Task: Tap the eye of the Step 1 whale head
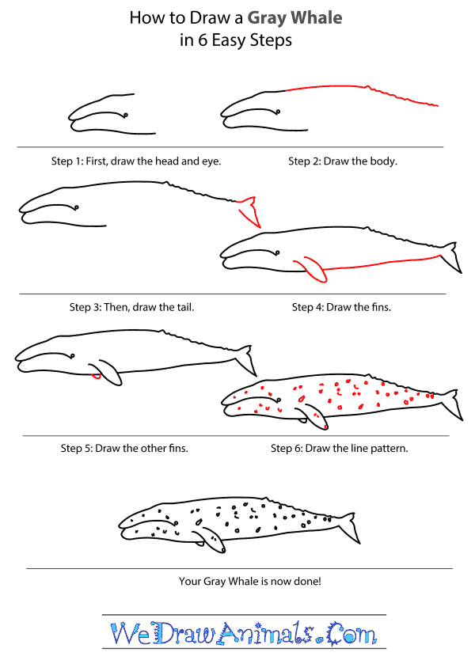tap(126, 114)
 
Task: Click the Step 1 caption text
tap(136, 161)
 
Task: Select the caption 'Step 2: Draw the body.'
tap(343, 161)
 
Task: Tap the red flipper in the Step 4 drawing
tap(312, 269)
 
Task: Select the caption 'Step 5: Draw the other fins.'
tap(124, 449)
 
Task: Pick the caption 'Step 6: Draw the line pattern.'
tap(340, 449)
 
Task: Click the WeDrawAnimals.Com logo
tap(243, 634)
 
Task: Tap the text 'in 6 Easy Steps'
tap(237, 41)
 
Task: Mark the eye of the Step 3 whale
tap(77, 208)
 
